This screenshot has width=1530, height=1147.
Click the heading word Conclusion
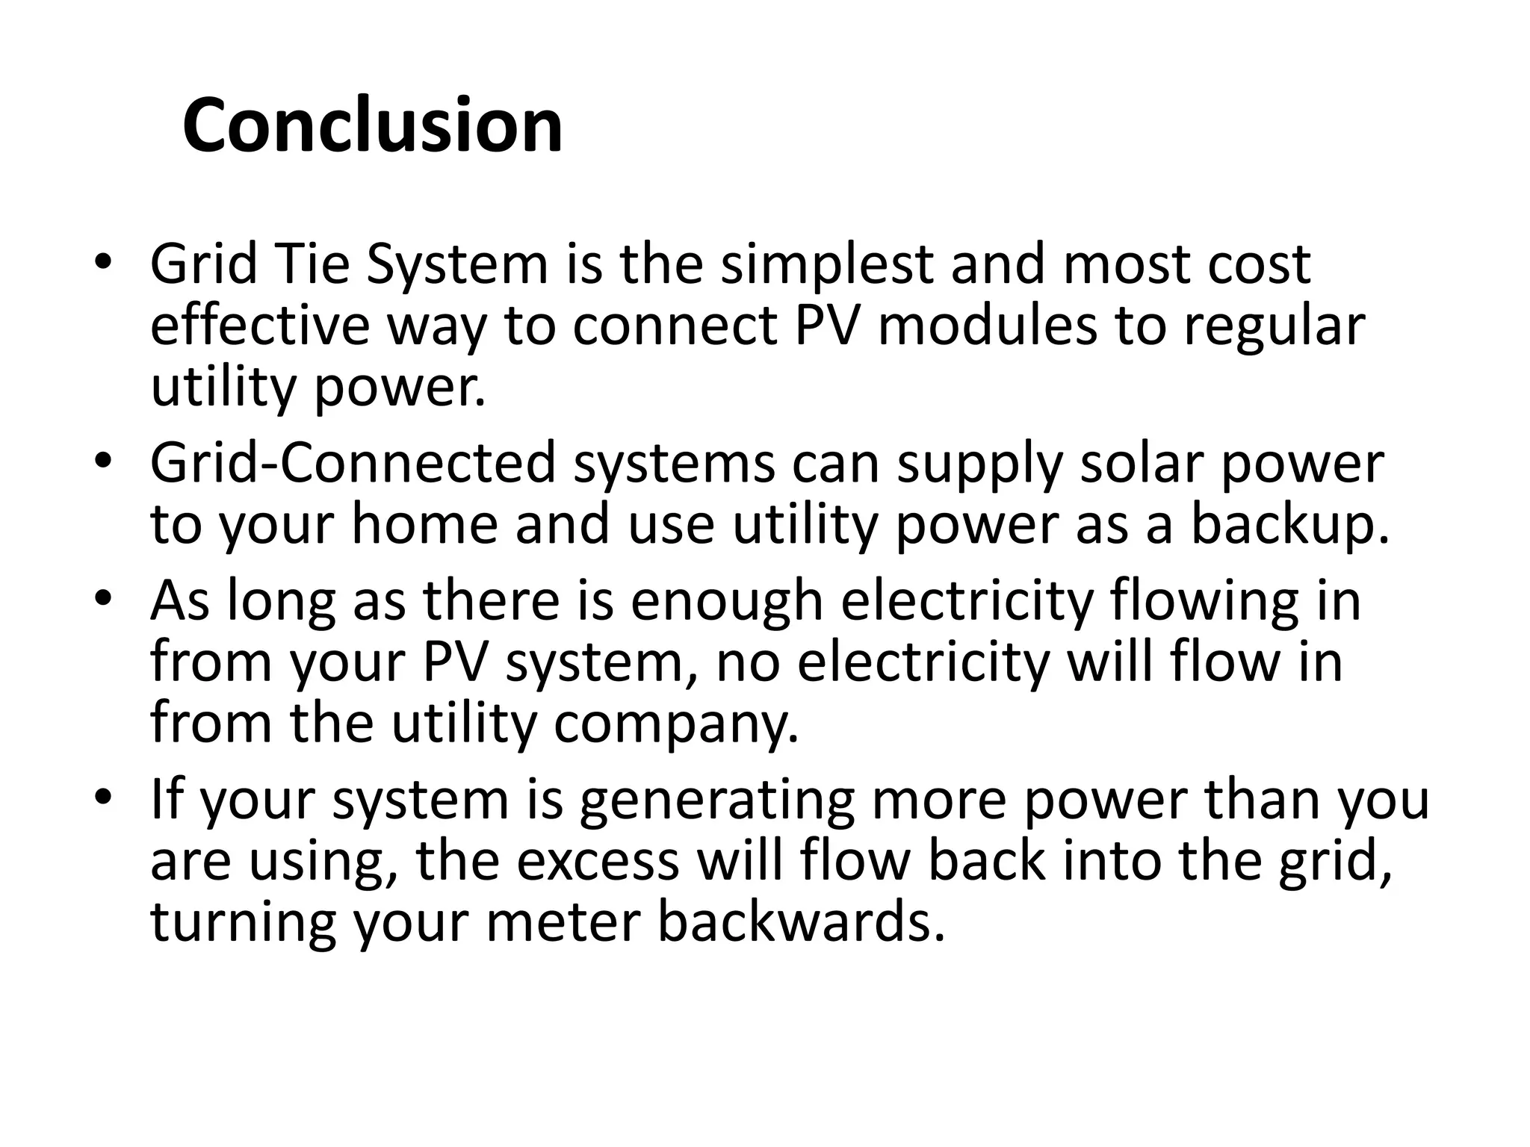pos(372,125)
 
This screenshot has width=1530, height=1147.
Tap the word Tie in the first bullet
pos(312,264)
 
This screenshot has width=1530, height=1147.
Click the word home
pos(424,524)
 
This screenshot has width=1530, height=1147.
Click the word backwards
pos(796,922)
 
